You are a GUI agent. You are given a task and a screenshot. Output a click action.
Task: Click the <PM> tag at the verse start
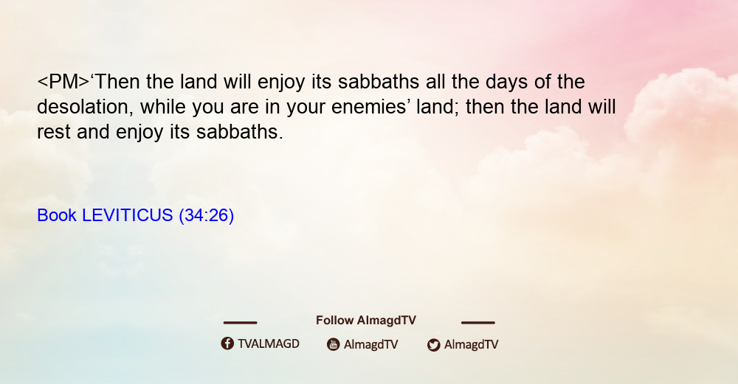[63, 82]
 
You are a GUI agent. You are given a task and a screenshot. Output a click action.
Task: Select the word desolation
[83, 107]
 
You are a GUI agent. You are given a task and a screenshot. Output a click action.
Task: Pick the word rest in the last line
[54, 132]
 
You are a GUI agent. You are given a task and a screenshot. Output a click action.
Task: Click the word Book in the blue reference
[57, 215]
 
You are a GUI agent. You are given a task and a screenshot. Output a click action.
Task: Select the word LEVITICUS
[128, 215]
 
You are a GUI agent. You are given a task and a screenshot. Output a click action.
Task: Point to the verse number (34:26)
[206, 215]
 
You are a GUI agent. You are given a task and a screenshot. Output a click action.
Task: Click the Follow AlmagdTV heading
[366, 320]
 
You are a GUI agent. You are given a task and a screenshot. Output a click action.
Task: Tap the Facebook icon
[227, 343]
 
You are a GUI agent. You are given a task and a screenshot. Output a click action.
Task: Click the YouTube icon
[334, 344]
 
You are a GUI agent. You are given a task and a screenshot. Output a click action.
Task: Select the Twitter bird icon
[433, 345]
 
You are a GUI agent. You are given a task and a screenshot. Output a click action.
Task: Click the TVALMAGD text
[269, 343]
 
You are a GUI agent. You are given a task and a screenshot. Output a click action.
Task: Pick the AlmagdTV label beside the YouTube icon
[371, 344]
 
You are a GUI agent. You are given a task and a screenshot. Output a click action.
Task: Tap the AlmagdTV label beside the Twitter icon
[471, 344]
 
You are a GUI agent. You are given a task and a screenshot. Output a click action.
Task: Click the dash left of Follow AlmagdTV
[240, 322]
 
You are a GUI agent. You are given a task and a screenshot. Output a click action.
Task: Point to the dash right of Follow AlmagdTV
[478, 322]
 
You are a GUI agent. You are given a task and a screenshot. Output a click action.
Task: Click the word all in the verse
[436, 82]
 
